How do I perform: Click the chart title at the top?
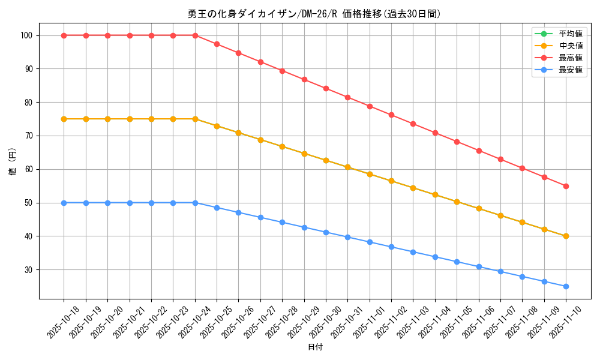click(314, 14)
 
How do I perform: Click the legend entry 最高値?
click(571, 58)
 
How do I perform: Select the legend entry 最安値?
click(571, 70)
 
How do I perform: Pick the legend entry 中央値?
click(571, 46)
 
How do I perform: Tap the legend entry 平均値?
click(571, 34)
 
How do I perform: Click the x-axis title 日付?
click(314, 347)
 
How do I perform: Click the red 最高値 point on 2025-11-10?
click(566, 186)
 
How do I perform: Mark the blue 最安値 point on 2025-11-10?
click(566, 286)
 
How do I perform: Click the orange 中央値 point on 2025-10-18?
click(64, 119)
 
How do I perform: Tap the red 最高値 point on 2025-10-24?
click(195, 35)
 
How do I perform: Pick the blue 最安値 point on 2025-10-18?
click(64, 203)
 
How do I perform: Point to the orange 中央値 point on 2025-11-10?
click(566, 236)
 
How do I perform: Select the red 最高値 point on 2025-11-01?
click(370, 106)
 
